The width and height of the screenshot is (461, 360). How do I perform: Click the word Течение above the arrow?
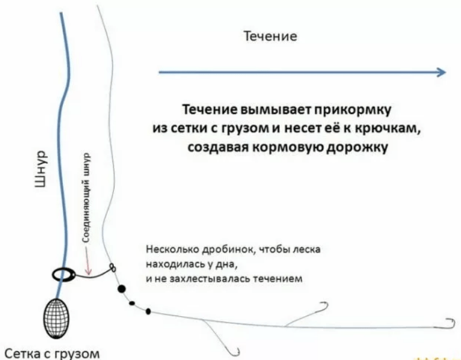(x=271, y=36)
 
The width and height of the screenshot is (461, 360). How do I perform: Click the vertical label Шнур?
(x=40, y=168)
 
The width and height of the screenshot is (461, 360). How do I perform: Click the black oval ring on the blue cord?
(x=64, y=275)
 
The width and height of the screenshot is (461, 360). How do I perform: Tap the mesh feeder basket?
(x=56, y=318)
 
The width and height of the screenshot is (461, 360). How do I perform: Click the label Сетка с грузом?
(x=53, y=353)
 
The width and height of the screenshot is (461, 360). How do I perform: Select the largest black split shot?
(x=121, y=289)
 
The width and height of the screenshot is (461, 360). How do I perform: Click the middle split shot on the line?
(x=132, y=303)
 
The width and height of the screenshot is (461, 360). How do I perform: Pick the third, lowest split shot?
(x=148, y=311)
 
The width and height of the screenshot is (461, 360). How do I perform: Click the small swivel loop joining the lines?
(x=113, y=267)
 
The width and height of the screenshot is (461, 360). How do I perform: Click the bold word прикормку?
(x=353, y=110)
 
